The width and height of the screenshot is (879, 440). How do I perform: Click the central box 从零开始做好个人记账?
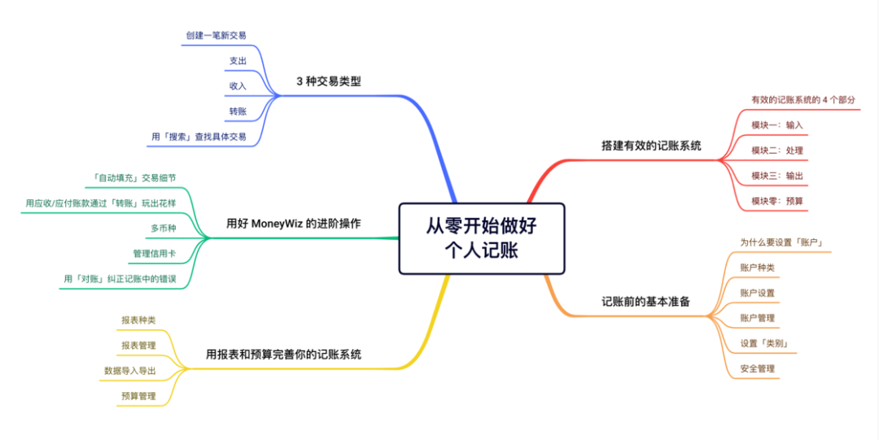(x=482, y=237)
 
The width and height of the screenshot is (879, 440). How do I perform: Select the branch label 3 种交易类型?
(x=328, y=81)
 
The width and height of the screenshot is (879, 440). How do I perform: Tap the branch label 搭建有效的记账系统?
(x=651, y=146)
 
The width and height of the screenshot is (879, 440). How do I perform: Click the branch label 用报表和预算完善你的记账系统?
(x=284, y=354)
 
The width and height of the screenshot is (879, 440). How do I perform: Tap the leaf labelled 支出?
(x=238, y=61)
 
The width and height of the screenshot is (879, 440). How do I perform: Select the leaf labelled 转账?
(x=238, y=111)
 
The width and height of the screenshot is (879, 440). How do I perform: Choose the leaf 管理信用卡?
(x=154, y=254)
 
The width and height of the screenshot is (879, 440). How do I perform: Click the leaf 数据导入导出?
(x=129, y=370)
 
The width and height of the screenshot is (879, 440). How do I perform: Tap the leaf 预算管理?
(x=138, y=396)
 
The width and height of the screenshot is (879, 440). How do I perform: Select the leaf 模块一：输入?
(x=777, y=124)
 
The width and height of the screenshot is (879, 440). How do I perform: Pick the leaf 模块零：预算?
(x=777, y=200)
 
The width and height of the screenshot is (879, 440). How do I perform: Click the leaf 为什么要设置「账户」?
(x=784, y=242)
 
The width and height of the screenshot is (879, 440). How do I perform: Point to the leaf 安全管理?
(x=757, y=368)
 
